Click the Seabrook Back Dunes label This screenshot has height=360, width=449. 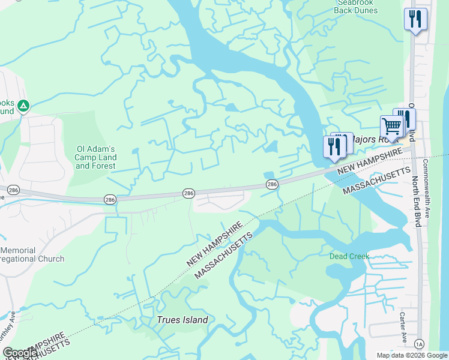point(356,6)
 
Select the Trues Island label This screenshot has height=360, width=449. point(182,320)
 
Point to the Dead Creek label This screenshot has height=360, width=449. point(349,256)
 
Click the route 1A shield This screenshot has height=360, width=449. point(418,343)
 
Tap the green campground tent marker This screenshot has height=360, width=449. point(23,106)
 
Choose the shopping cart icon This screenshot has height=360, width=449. point(391,127)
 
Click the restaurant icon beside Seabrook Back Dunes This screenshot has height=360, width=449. point(415,19)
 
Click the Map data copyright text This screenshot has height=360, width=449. point(411,355)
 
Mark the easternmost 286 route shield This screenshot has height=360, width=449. point(271,184)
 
